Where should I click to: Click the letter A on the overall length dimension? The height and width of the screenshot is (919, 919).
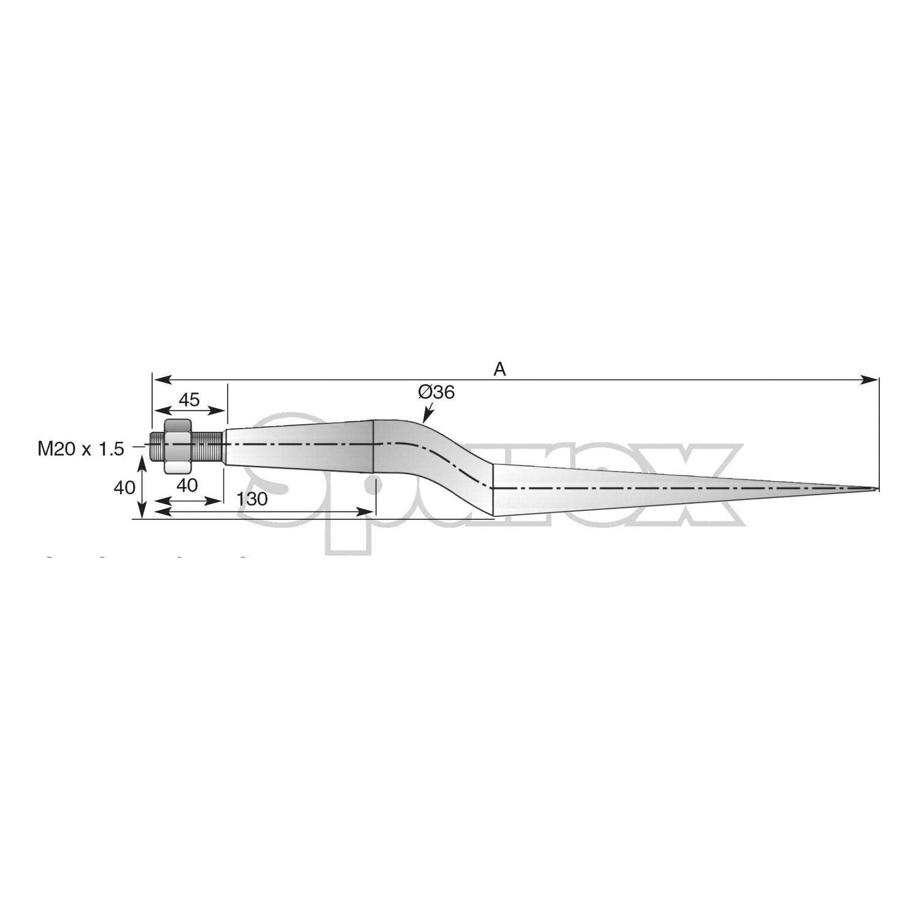pyautogui.click(x=500, y=369)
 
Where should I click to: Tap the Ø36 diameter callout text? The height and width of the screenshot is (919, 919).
pyautogui.click(x=436, y=392)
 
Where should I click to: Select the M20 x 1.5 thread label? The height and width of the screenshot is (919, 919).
pyautogui.click(x=81, y=449)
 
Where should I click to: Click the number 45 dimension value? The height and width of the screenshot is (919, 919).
pyautogui.click(x=189, y=400)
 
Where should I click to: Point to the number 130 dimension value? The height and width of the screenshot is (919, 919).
pyautogui.click(x=252, y=499)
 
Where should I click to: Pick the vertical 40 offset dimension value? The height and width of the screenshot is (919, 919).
pyautogui.click(x=124, y=488)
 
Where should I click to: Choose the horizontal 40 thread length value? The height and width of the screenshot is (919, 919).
pyautogui.click(x=187, y=485)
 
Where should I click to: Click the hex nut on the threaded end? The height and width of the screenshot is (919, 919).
pyautogui.click(x=178, y=445)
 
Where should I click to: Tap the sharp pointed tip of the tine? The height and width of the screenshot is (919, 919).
pyautogui.click(x=877, y=489)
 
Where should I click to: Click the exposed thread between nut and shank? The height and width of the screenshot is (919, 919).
pyautogui.click(x=208, y=445)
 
